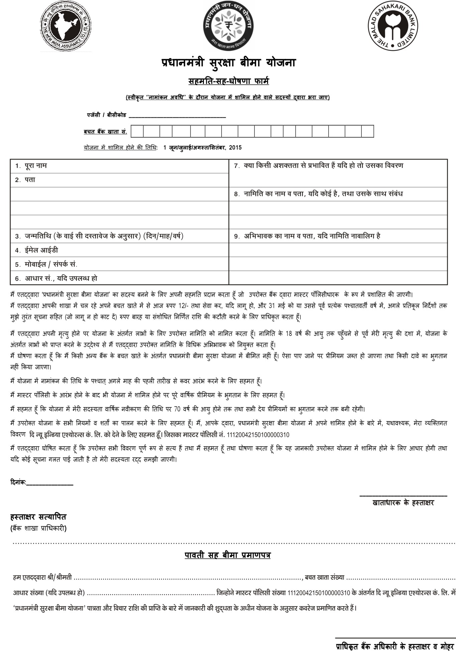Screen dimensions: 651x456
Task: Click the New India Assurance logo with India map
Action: (x=66, y=26)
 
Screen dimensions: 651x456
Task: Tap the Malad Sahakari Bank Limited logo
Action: (x=393, y=26)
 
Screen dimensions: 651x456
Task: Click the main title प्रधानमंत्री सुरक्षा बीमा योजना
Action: (x=228, y=63)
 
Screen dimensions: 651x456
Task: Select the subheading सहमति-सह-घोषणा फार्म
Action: (x=228, y=81)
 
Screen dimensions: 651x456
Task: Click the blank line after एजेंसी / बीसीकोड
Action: (x=177, y=116)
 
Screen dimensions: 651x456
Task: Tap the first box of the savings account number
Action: (x=137, y=131)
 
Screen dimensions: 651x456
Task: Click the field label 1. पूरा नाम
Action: (x=31, y=166)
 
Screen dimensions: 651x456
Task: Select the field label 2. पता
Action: (x=25, y=180)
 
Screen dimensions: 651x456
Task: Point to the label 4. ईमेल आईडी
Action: (x=37, y=250)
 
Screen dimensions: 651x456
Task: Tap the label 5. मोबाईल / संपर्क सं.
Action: (x=46, y=264)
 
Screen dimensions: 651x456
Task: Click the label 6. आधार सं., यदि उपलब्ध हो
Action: (x=56, y=278)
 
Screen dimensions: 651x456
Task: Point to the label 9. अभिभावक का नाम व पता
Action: (x=307, y=236)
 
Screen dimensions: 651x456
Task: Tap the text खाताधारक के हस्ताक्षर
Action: (x=403, y=503)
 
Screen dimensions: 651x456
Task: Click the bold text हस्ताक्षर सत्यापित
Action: (x=38, y=517)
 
